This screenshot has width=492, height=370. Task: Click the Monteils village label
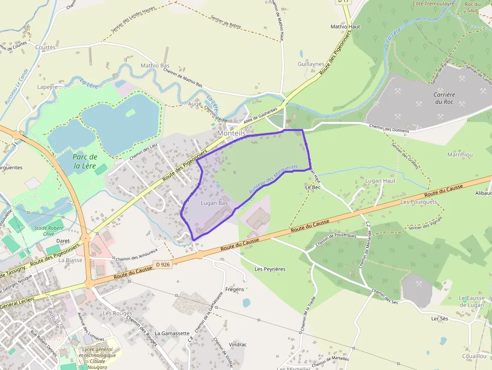click(x=231, y=134)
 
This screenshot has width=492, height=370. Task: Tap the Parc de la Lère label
click(x=85, y=161)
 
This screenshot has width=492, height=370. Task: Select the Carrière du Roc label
click(x=444, y=98)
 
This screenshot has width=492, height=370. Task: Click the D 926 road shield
click(x=163, y=264)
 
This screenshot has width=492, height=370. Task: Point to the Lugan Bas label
click(x=214, y=203)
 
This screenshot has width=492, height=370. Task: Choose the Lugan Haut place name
click(x=381, y=181)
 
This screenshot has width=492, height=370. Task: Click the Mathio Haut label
click(x=346, y=27)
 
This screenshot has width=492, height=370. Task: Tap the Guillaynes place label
click(x=311, y=64)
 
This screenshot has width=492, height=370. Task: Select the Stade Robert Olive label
click(x=49, y=231)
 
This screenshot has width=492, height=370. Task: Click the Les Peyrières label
click(x=270, y=269)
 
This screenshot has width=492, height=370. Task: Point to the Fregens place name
click(x=235, y=289)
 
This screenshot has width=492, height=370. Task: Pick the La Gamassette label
click(x=172, y=333)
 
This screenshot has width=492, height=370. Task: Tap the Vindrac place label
click(x=237, y=345)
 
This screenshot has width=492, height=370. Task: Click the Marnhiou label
click(x=460, y=155)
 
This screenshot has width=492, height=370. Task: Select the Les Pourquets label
click(x=419, y=202)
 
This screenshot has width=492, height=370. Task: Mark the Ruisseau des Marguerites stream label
click(x=273, y=180)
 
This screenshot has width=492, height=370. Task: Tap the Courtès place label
click(x=46, y=47)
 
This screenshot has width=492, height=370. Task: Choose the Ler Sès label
click(x=439, y=319)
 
